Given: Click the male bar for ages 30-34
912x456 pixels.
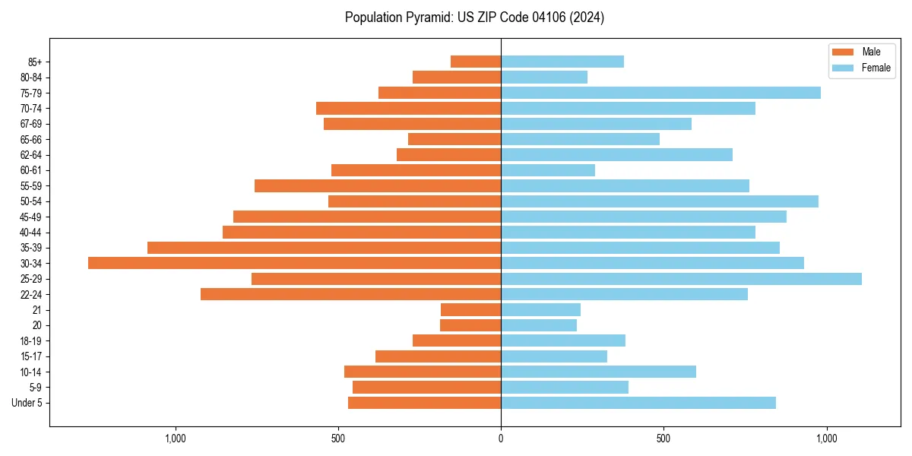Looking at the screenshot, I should tap(294, 263).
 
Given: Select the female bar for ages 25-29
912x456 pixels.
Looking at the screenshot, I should tap(681, 279).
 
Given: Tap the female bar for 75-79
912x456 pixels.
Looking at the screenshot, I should tap(660, 93).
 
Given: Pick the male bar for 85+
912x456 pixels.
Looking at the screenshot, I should tap(476, 62).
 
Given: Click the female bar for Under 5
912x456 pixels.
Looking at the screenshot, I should tap(638, 403).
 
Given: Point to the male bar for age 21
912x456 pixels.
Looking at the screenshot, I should tap(470, 310).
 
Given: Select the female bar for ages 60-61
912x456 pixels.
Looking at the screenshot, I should tap(548, 170).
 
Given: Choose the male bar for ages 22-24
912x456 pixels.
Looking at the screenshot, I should tap(350, 294).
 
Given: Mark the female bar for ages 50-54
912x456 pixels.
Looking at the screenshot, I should tap(660, 201).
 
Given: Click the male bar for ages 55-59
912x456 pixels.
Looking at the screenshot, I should tap(378, 185).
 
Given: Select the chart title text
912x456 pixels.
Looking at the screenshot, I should tap(474, 17).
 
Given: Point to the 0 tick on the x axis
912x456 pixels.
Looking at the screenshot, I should tap(501, 439).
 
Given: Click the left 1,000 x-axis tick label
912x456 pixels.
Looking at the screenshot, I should tap(176, 439).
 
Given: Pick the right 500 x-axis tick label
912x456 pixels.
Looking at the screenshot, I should tap(663, 439).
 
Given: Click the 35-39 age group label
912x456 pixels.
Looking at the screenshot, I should tap(31, 248).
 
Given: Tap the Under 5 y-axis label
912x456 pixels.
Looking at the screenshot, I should tap(27, 403).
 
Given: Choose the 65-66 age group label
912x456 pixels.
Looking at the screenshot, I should tap(31, 139).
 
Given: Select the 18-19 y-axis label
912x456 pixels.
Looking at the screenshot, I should tap(31, 341).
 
